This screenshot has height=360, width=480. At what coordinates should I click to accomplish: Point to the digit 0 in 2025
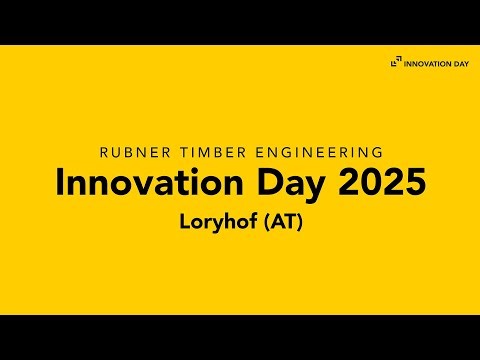click(372, 184)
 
